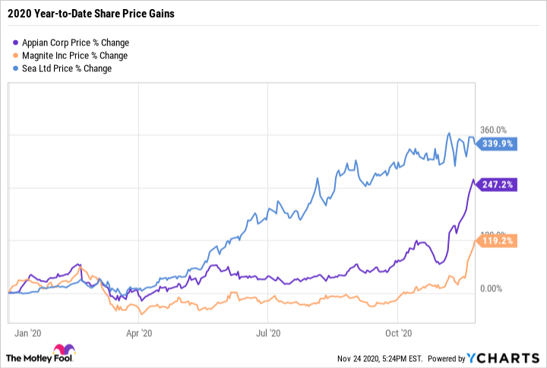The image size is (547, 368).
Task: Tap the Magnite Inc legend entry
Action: pyautogui.click(x=74, y=55)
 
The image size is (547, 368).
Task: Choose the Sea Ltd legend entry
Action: pyautogui.click(x=67, y=68)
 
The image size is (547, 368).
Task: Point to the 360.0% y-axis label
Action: pyautogui.click(x=491, y=131)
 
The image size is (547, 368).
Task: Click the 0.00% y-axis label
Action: pyautogui.click(x=491, y=289)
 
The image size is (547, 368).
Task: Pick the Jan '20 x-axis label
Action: pyautogui.click(x=29, y=332)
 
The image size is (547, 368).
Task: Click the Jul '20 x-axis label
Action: pyautogui.click(x=270, y=332)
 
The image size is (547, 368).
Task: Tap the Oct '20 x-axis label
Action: pyautogui.click(x=398, y=332)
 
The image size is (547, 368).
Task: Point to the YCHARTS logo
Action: pyautogui.click(x=503, y=358)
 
